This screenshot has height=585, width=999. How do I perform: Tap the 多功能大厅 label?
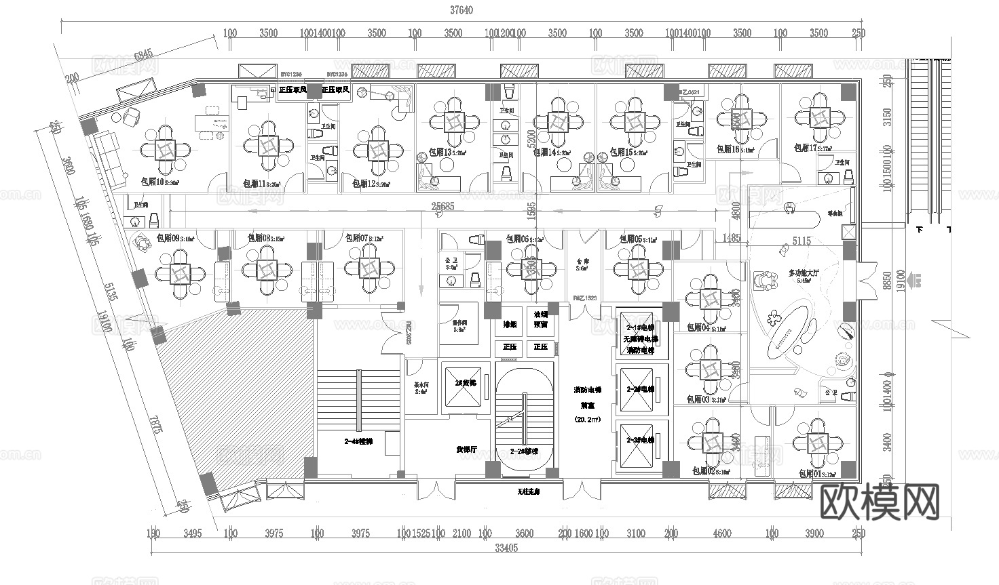click(804, 273)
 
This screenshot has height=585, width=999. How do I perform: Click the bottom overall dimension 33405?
click(507, 548)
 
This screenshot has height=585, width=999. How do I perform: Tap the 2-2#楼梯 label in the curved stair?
click(524, 451)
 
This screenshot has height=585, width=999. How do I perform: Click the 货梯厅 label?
click(466, 449)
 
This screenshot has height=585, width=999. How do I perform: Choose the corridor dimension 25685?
click(442, 206)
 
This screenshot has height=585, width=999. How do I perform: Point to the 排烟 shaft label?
click(510, 325)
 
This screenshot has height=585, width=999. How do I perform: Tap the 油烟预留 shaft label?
click(540, 319)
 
